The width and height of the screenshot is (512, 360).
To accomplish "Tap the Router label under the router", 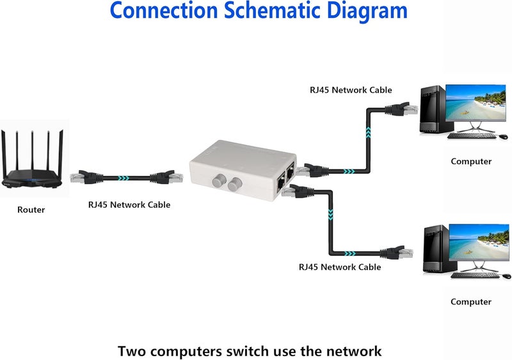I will tap(31, 210).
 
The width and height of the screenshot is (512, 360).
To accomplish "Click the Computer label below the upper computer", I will tap(471, 162).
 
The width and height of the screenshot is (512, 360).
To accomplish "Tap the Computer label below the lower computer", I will tap(471, 302).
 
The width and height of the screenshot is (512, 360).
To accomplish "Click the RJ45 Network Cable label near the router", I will tap(129, 205).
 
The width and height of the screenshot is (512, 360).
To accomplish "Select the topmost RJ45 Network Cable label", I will tap(351, 90).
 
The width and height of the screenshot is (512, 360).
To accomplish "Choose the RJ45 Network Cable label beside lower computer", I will tap(340, 267).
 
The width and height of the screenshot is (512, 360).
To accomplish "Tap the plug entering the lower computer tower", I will tap(403, 251).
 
